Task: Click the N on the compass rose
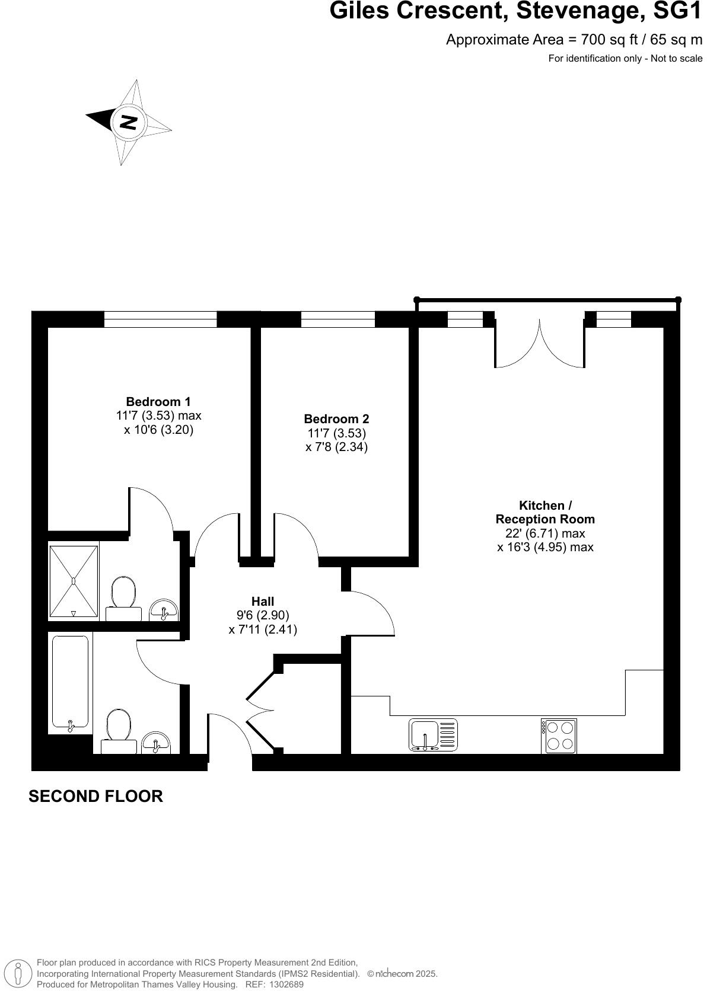click(128, 123)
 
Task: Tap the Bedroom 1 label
click(158, 402)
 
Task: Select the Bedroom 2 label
click(336, 419)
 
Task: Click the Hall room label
click(262, 602)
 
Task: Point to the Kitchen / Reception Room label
click(545, 512)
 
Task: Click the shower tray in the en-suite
click(74, 581)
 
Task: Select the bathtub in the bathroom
click(70, 682)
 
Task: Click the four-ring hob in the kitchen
click(559, 736)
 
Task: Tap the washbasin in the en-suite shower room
click(164, 609)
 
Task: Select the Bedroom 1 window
click(160, 319)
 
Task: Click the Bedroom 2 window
click(337, 319)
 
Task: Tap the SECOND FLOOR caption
click(95, 796)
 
